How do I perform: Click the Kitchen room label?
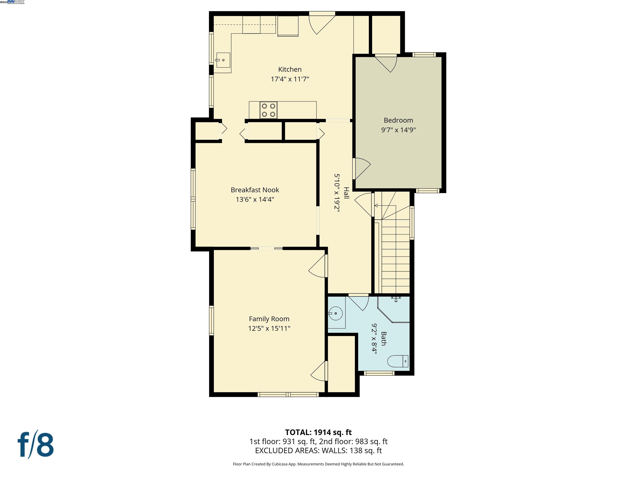290,69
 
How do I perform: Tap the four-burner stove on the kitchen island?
268,110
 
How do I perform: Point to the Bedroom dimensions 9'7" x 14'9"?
398,130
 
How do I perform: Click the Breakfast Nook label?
255,190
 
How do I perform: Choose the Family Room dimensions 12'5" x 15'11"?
269,328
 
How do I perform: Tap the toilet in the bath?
398,361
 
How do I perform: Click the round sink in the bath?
336,313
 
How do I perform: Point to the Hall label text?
346,193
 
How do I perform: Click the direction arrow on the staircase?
376,206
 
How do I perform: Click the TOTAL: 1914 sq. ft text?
318,432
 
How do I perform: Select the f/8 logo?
36,445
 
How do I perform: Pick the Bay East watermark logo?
16,2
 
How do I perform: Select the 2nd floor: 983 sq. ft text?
353,442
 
